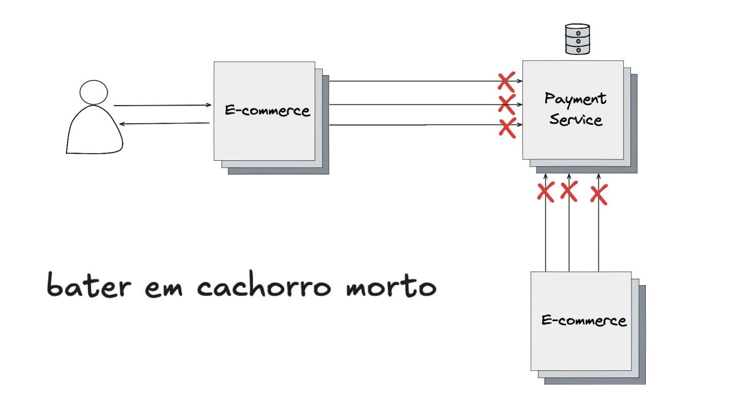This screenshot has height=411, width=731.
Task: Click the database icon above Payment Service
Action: (577, 39)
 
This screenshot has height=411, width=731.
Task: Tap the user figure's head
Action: (94, 92)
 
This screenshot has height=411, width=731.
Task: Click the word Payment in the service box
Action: (575, 99)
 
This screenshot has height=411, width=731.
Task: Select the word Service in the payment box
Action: (576, 120)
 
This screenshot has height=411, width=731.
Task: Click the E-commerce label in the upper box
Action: (267, 111)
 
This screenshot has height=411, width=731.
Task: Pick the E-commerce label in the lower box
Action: (584, 321)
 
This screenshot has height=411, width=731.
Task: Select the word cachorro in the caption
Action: (264, 287)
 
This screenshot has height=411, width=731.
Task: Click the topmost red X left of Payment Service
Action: (506, 81)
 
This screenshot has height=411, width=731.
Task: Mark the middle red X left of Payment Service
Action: (507, 104)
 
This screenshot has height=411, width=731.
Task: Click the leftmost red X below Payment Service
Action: (546, 192)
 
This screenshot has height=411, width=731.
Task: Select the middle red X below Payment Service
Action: (569, 191)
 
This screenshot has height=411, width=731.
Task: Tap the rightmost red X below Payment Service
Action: (599, 194)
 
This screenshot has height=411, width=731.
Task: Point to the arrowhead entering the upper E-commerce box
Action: (209, 105)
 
